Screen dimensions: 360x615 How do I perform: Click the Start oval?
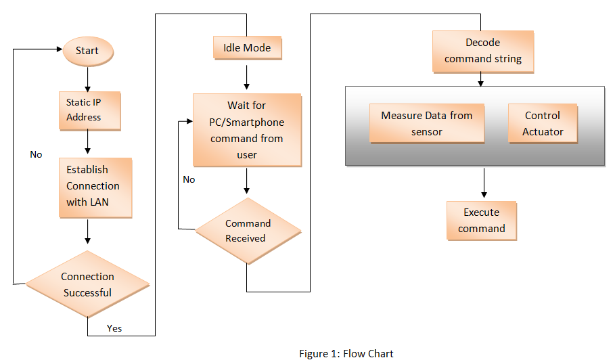88,51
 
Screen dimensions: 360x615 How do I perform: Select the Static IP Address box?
89,110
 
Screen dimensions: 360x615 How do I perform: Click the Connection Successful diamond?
88,284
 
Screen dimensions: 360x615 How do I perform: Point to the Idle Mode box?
247,48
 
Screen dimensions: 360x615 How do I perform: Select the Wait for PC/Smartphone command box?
247,130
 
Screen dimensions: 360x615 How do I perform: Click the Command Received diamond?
248,231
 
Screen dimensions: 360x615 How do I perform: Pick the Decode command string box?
483,51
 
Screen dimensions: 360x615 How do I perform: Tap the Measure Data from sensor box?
427,123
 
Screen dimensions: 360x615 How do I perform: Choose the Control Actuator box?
543,123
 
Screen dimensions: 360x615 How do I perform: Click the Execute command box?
481,220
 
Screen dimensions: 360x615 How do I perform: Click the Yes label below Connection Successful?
114,328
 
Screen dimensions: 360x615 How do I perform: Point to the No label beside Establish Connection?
36,154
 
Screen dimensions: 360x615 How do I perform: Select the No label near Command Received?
189,179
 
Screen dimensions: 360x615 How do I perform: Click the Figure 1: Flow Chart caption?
346,353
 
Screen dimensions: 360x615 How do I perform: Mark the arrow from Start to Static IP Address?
87,78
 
